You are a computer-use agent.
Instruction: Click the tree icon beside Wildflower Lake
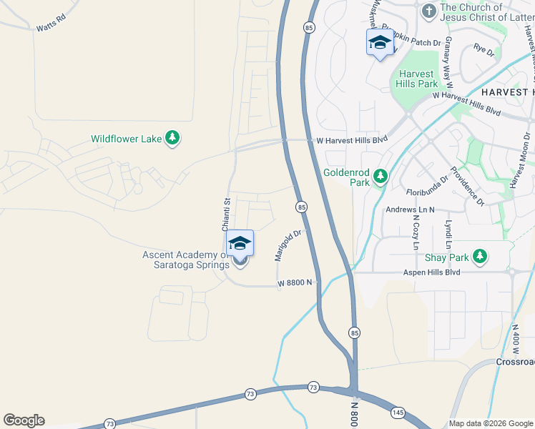point(172,138)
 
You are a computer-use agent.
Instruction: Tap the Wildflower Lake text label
point(126,139)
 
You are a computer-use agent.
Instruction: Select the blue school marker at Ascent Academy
point(240,244)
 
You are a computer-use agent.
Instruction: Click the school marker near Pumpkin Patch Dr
point(380,43)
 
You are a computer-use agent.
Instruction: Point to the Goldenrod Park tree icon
point(381,176)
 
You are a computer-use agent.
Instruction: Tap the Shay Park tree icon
point(481,256)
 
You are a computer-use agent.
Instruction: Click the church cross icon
point(428,11)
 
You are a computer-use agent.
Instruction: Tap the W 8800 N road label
point(296,283)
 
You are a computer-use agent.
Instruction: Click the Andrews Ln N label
point(410,210)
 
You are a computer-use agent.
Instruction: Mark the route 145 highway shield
point(398,413)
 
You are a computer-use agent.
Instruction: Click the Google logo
point(24,420)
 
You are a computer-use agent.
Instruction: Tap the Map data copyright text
point(490,423)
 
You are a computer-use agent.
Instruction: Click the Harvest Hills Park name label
point(417,79)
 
